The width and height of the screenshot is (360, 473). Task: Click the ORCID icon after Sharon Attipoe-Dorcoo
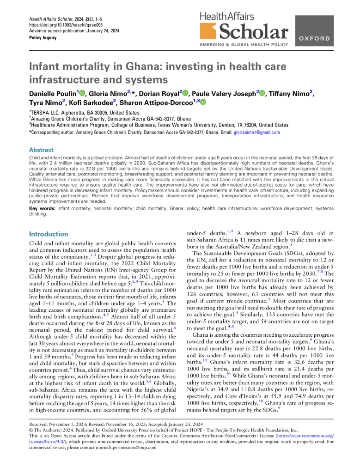203,103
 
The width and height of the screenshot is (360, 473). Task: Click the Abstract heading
41,150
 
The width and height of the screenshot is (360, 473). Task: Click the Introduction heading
49,234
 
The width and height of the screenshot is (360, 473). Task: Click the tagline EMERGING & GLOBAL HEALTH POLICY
243,45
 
